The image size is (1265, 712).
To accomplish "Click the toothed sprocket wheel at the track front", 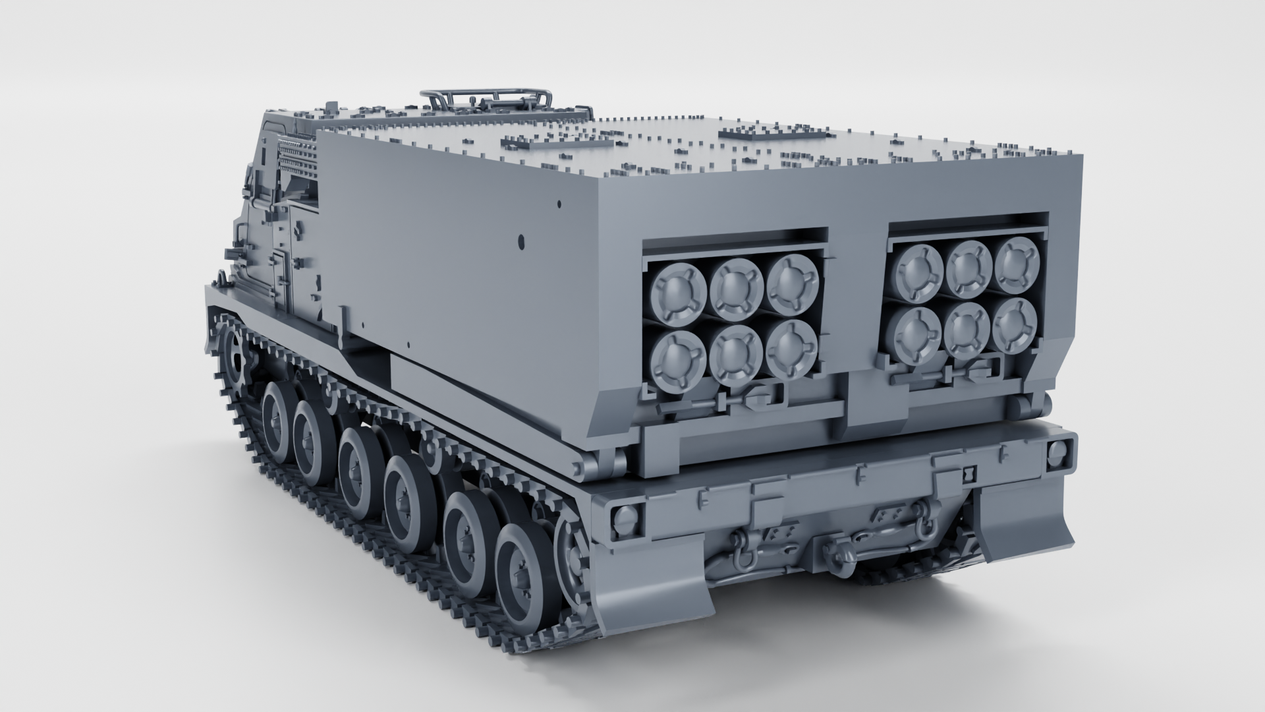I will point(233,356).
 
